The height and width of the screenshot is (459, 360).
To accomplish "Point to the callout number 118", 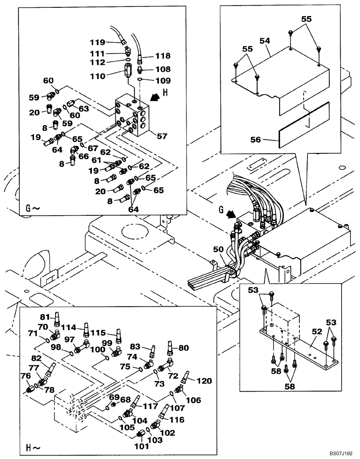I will (163, 56).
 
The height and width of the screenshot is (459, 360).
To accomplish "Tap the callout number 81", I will (45, 316).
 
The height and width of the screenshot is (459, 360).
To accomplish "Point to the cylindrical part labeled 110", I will (128, 72).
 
